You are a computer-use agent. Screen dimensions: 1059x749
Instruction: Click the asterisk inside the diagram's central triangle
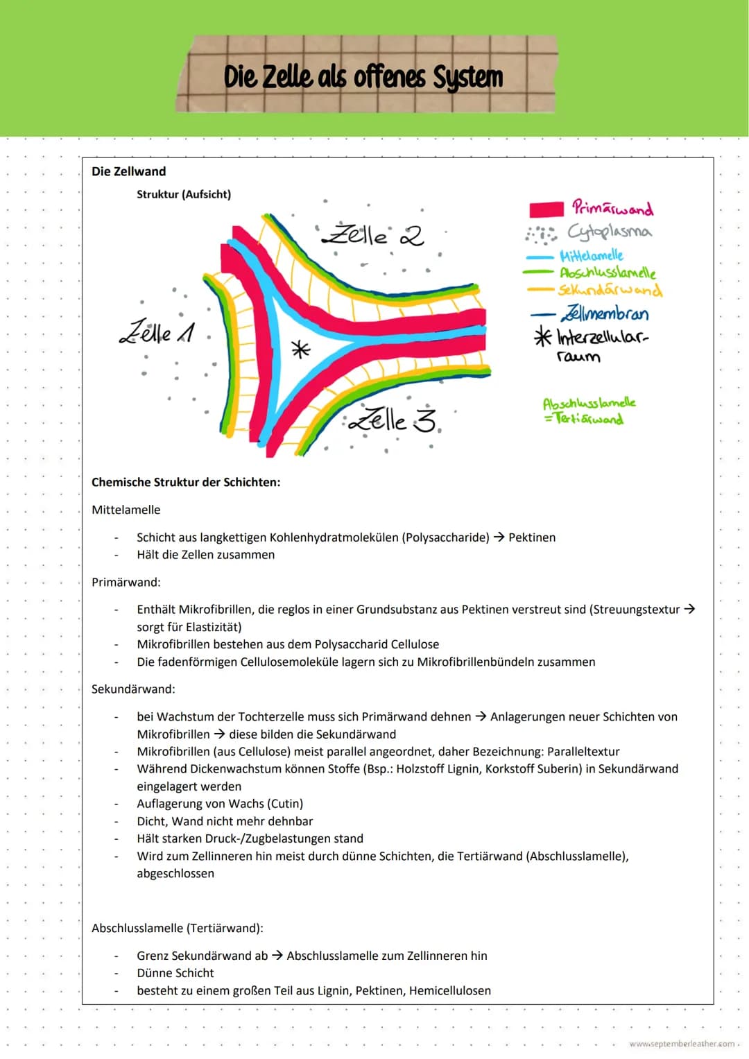(x=300, y=349)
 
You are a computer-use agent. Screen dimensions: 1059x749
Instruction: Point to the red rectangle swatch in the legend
(x=546, y=209)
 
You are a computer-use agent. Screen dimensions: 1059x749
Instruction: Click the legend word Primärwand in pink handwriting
(x=612, y=208)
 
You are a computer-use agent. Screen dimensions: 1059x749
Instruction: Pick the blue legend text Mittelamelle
(x=592, y=255)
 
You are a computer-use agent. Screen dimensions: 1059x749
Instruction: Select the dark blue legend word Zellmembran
(x=605, y=313)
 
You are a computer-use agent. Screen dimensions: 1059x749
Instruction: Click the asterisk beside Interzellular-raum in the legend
(x=542, y=337)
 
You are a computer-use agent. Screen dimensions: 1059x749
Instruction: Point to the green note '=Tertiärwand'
(x=584, y=419)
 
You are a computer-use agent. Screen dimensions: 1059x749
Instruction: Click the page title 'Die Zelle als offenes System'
(x=363, y=76)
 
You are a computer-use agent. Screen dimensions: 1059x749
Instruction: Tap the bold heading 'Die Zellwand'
(x=129, y=171)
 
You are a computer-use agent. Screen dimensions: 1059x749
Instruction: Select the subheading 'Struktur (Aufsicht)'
(x=184, y=194)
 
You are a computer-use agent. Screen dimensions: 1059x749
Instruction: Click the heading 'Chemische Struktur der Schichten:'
(x=186, y=482)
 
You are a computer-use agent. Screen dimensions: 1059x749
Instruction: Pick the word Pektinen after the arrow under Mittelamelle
(x=532, y=537)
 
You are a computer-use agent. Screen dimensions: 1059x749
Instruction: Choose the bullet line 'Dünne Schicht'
(x=175, y=973)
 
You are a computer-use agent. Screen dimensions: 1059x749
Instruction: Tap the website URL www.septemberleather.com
(x=682, y=1044)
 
